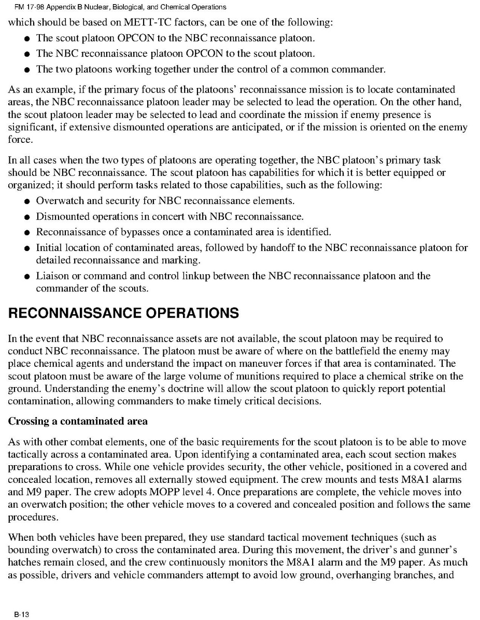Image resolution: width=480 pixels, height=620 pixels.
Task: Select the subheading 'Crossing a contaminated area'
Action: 78,421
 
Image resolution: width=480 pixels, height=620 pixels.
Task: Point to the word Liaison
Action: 53,276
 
